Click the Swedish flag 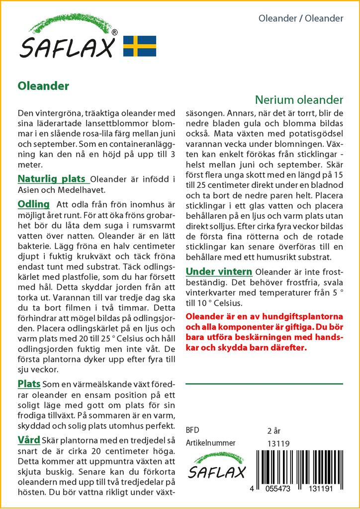[x=140, y=46]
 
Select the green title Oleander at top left [x=43, y=85]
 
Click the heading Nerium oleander [x=299, y=99]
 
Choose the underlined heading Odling [x=33, y=204]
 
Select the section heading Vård [x=29, y=440]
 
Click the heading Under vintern [x=218, y=271]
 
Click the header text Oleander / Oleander [x=301, y=18]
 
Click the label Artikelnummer [x=210, y=443]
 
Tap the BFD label [x=192, y=430]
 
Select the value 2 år [x=274, y=430]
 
